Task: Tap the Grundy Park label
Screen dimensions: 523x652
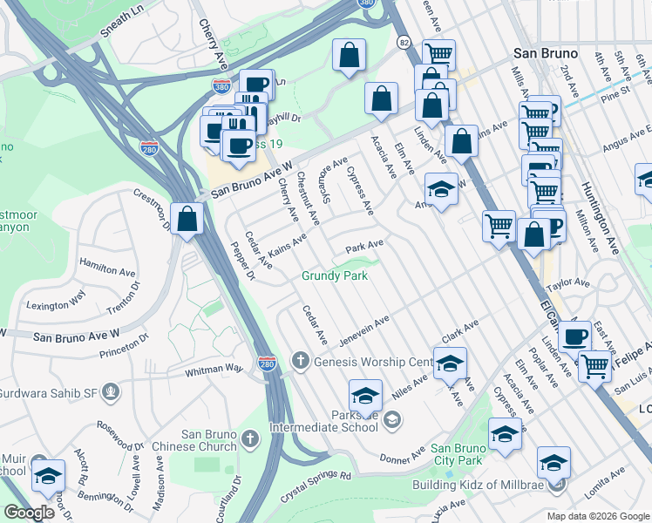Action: [x=335, y=275]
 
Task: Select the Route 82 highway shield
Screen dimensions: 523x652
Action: [x=403, y=41]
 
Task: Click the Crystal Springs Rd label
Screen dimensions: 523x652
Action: [x=317, y=479]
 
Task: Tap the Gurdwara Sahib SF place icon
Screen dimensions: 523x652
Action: [x=111, y=391]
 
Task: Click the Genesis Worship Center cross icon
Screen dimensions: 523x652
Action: [x=301, y=361]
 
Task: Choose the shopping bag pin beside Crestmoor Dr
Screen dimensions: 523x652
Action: [x=187, y=221]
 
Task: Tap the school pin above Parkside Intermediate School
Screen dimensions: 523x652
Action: [x=366, y=397]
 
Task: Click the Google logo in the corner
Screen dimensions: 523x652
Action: [x=29, y=513]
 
